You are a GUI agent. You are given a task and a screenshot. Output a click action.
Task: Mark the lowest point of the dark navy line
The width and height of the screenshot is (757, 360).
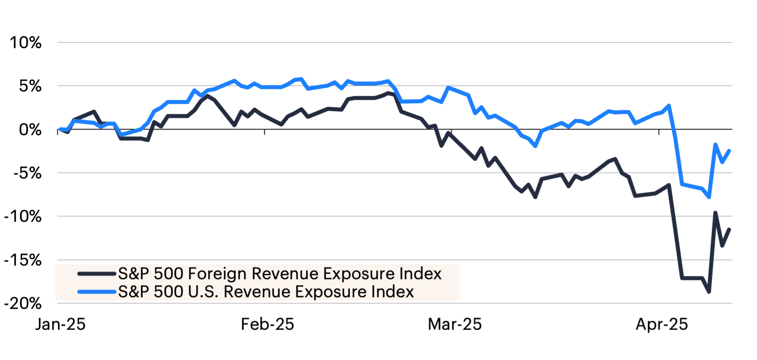click(709, 293)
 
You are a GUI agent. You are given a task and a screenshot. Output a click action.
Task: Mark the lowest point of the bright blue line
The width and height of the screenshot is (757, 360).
click(709, 198)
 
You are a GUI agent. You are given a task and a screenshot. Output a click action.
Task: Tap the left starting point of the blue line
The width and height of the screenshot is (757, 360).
click(60, 128)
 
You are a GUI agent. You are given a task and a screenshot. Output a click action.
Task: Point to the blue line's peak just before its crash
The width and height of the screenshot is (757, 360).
click(668, 105)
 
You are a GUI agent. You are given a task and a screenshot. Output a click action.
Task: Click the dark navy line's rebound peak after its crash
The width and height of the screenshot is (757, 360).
click(715, 210)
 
